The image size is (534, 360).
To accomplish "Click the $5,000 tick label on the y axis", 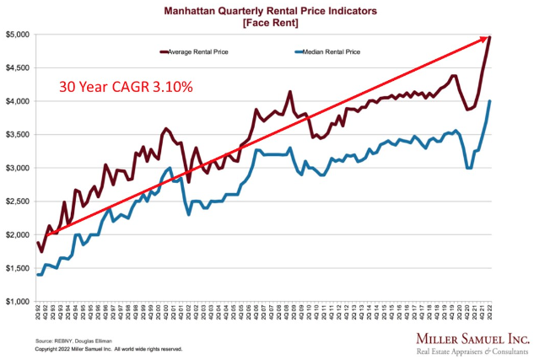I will (x=18, y=35).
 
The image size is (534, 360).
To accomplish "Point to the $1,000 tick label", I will (x=18, y=302).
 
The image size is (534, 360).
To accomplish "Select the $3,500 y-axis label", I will (x=18, y=135).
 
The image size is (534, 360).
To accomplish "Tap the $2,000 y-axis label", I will (x=18, y=235).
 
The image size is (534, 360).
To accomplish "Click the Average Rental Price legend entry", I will (x=197, y=52).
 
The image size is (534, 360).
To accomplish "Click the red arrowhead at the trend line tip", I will (x=488, y=37).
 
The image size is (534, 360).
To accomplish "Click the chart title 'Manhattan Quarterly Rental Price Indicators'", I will (x=267, y=10).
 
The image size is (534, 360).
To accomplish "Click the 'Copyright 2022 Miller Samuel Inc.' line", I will (x=110, y=347).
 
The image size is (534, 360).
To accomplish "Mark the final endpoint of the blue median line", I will (x=491, y=101).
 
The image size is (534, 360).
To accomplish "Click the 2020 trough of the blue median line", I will (x=469, y=168).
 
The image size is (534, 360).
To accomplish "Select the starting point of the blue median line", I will (x=38, y=275).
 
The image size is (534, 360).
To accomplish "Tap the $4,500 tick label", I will (x=18, y=67).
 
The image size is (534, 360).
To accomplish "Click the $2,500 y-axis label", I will (x=18, y=201).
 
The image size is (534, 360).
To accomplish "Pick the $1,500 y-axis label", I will (x=18, y=268).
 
